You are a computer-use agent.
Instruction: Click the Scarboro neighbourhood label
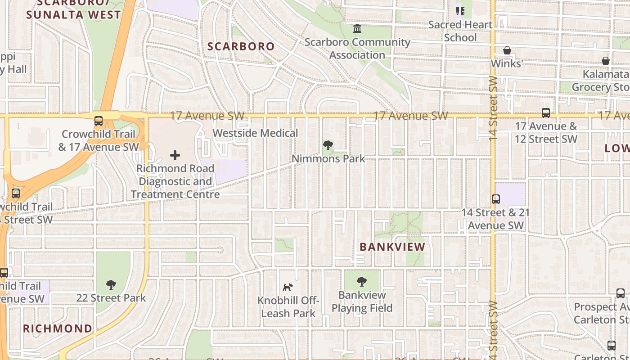(241, 46)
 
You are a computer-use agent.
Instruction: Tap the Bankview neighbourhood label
(393, 247)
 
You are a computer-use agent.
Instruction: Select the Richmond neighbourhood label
(58, 328)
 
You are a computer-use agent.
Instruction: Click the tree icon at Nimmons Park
(328, 145)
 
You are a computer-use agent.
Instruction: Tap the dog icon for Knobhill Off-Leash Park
(288, 287)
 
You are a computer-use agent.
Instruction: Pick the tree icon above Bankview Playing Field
(362, 282)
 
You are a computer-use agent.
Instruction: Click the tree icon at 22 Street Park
(111, 284)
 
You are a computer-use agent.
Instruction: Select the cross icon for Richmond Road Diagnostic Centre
(175, 155)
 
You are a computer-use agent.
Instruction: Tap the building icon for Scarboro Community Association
(357, 29)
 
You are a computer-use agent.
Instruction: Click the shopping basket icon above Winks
(507, 50)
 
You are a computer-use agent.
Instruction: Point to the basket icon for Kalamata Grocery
(606, 61)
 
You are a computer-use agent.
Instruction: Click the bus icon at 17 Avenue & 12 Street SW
(546, 113)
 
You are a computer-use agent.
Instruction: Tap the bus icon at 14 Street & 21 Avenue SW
(496, 199)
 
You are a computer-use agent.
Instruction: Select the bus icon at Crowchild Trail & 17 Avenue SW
(98, 121)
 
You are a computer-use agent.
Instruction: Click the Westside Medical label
(255, 133)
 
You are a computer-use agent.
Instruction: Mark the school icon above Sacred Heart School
(460, 11)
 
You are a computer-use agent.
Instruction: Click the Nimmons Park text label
(328, 159)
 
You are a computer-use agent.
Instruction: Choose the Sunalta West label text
(73, 14)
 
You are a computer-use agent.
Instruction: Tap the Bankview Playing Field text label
(362, 301)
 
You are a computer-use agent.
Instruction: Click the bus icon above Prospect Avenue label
(621, 293)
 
